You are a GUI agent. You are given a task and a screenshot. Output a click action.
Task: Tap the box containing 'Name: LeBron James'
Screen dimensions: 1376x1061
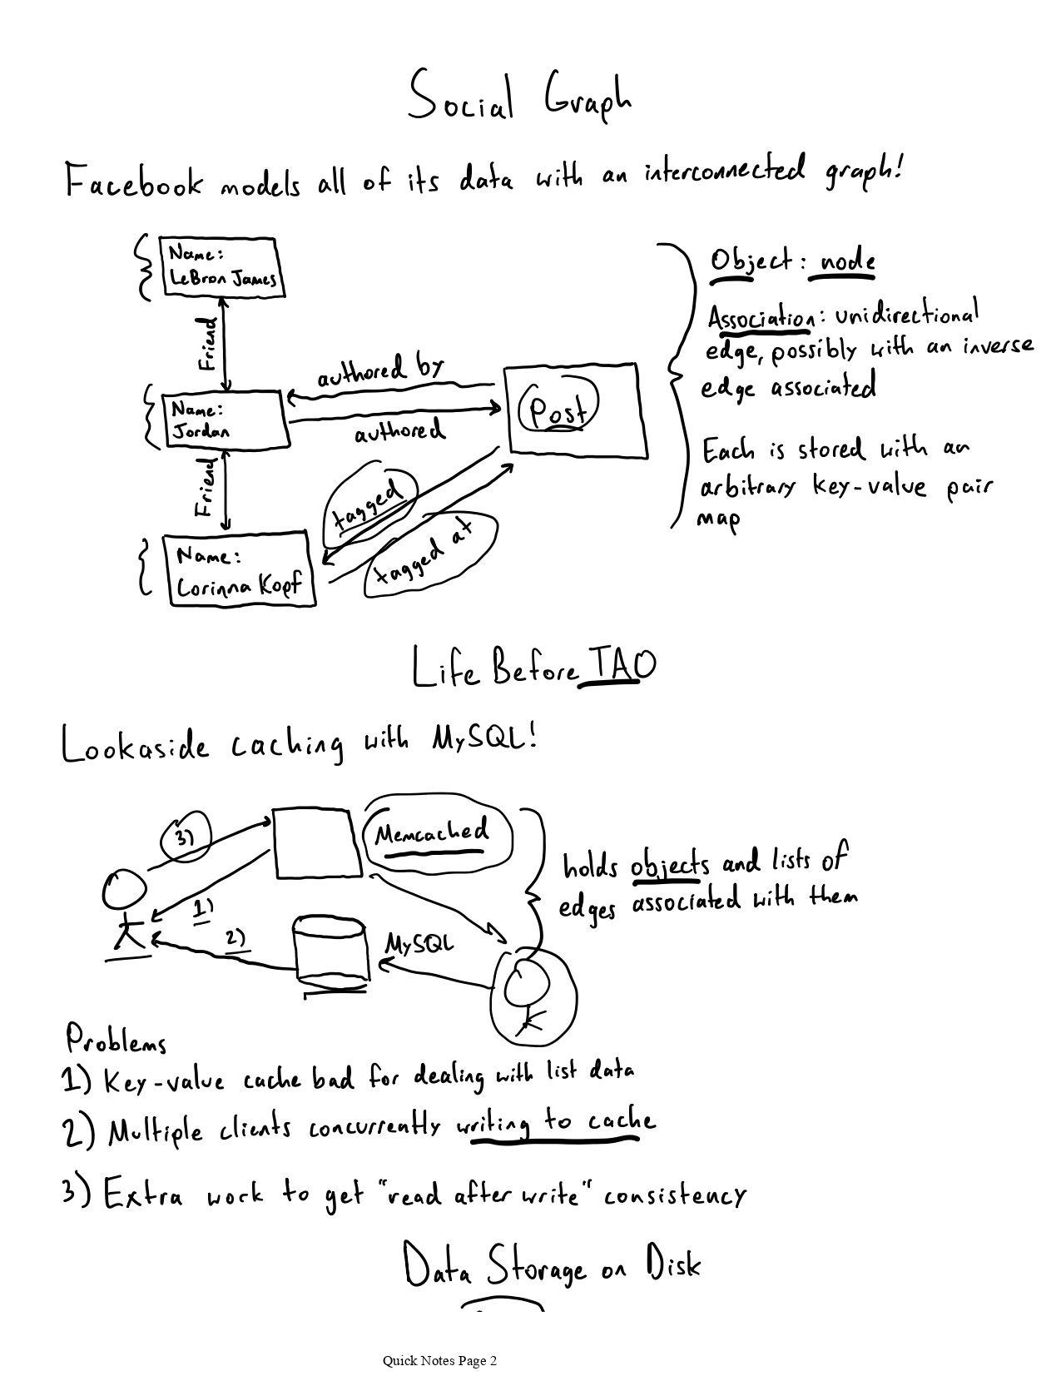(222, 267)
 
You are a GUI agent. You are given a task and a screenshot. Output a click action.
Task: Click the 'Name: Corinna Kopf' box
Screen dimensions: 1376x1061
(240, 572)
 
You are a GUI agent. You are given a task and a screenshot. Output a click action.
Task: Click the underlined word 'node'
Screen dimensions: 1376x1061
(847, 262)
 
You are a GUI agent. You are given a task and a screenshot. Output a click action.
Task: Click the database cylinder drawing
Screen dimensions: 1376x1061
(331, 953)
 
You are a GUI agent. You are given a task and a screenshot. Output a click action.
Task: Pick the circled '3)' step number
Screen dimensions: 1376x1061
(185, 836)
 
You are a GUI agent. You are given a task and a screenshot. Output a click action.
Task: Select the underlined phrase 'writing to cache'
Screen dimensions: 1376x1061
(555, 1124)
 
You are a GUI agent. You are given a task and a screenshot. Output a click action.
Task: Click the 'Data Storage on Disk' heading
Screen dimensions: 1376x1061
(553, 1266)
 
